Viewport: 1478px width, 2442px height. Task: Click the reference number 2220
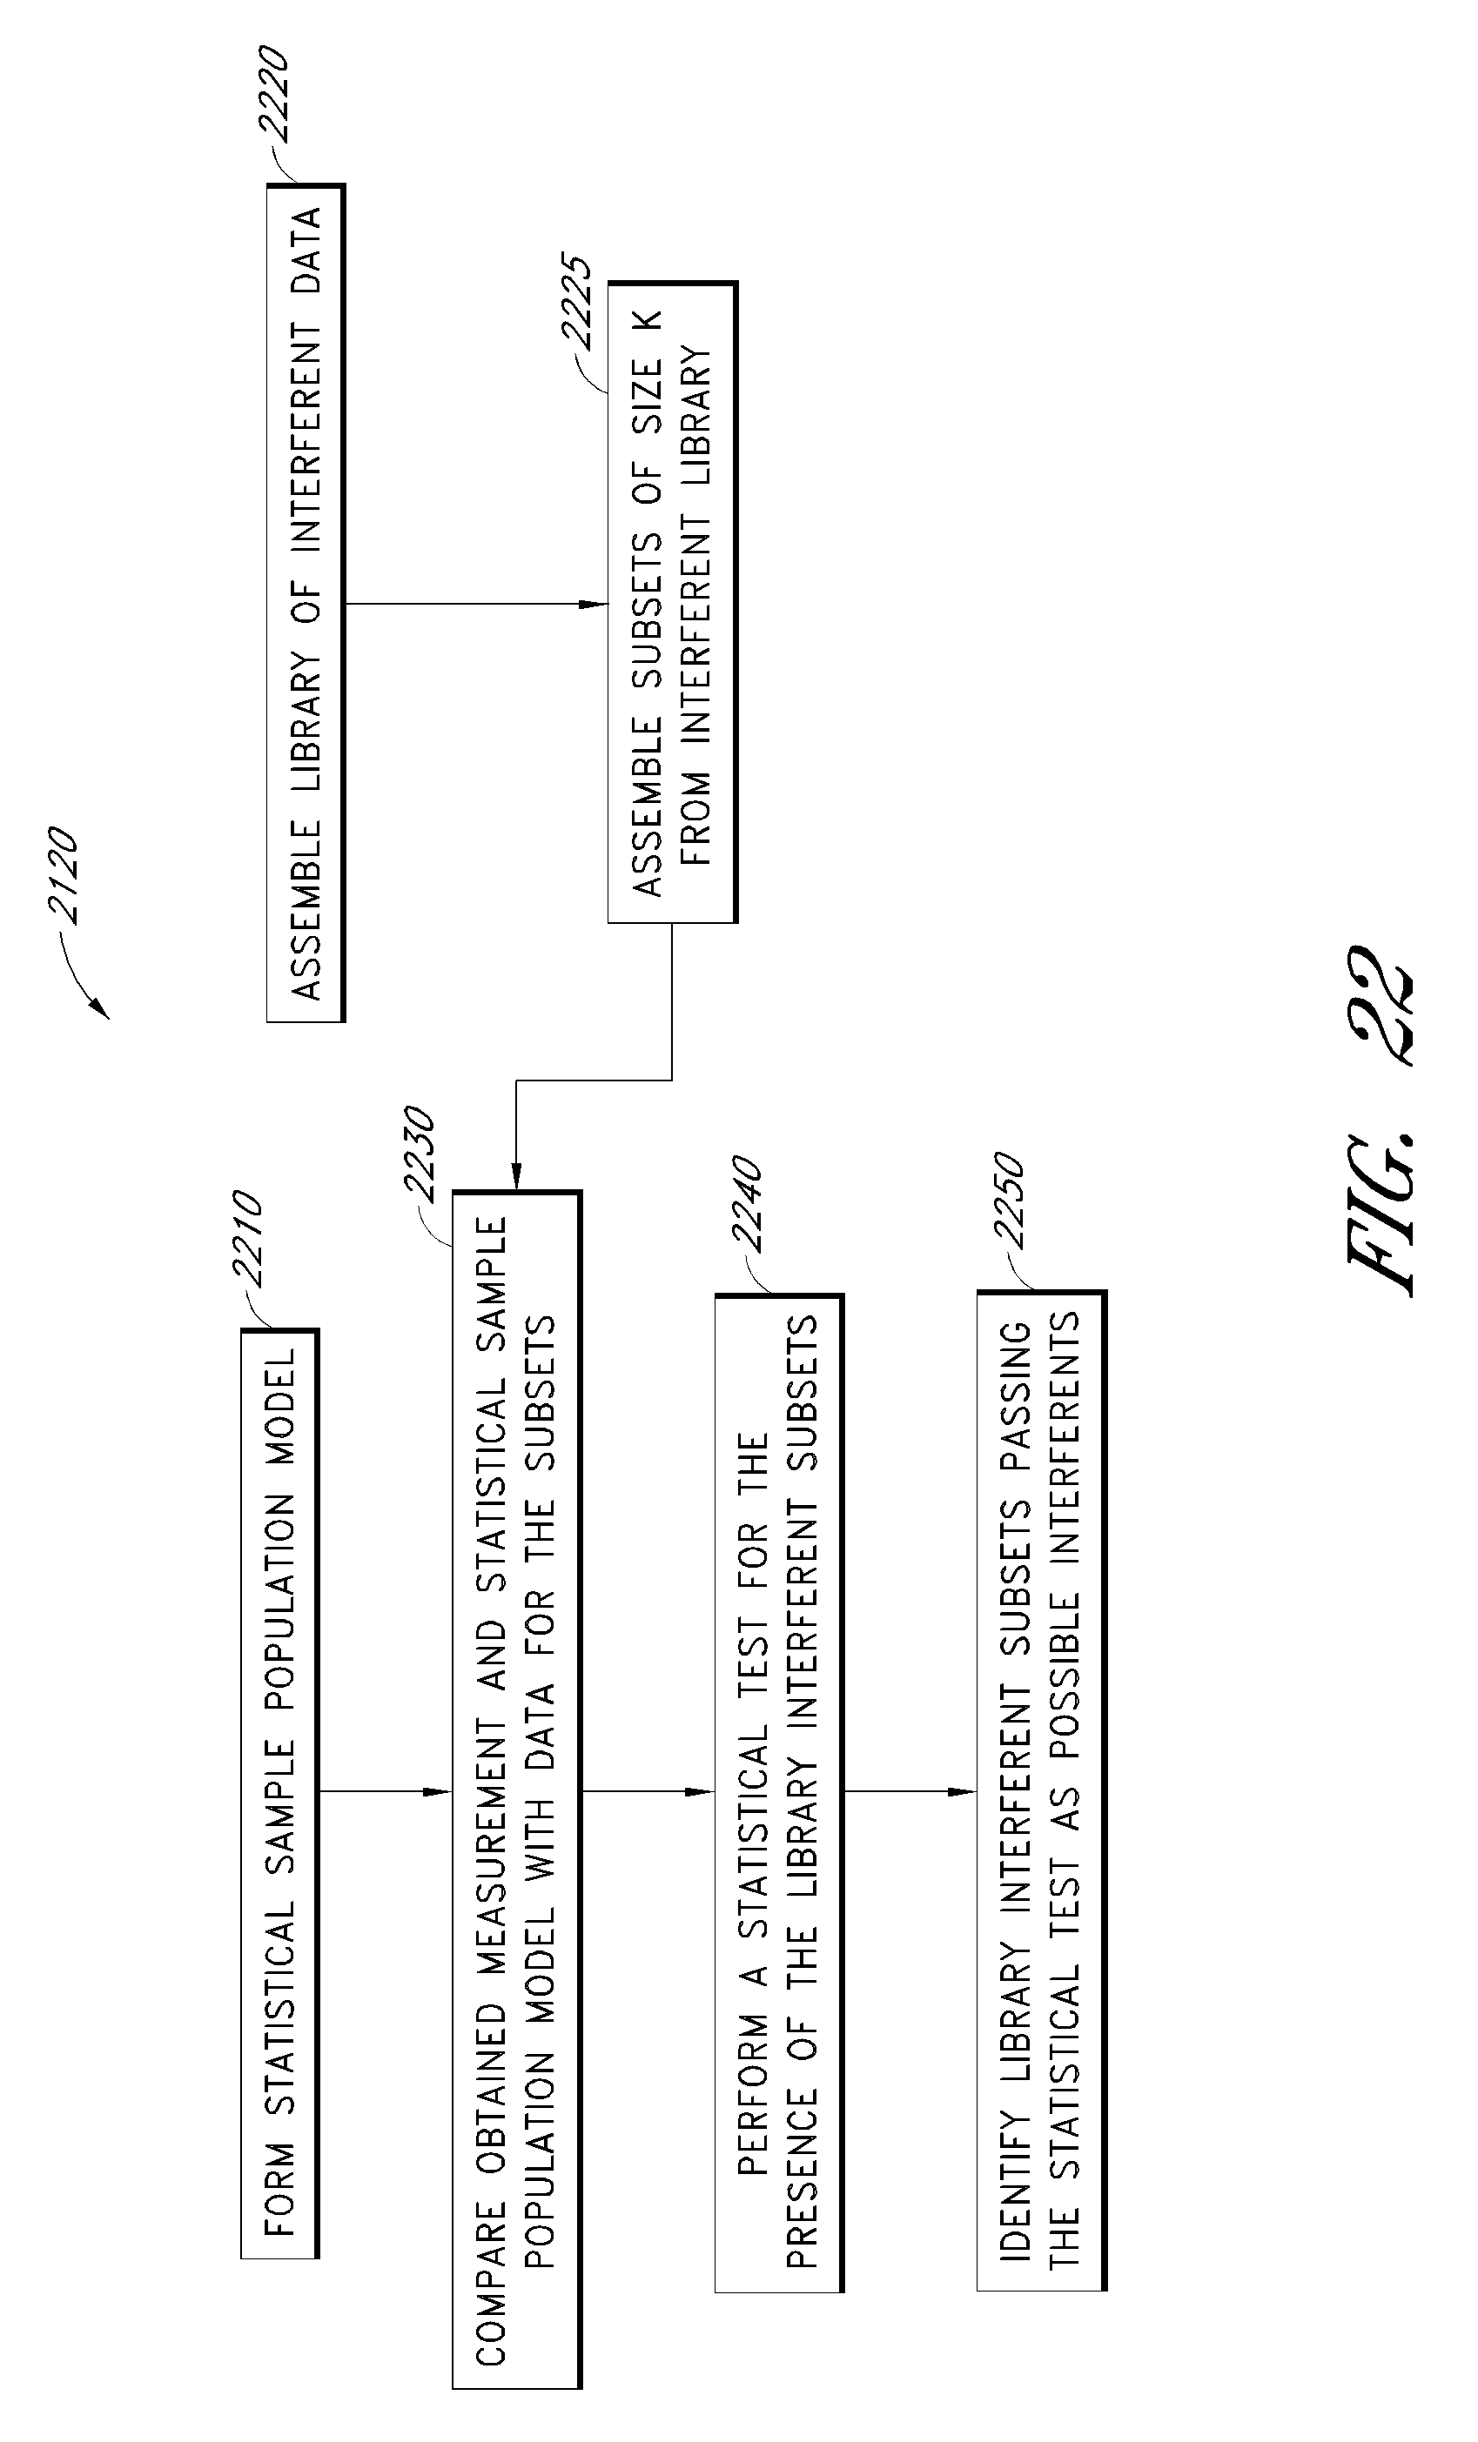[x=272, y=91]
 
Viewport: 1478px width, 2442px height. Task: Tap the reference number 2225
[x=576, y=302]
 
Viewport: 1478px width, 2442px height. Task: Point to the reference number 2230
[x=416, y=1154]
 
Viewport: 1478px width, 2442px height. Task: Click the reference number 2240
[x=747, y=1203]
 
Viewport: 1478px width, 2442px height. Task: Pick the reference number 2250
[x=1008, y=1199]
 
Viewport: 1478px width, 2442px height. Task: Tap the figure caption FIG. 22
[x=1379, y=1120]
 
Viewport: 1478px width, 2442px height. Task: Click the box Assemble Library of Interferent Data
[x=306, y=603]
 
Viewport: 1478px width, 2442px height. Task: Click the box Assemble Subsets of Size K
[x=673, y=603]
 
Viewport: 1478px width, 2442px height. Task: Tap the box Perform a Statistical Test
[x=779, y=1792]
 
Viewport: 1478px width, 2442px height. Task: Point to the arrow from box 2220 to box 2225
[x=477, y=604]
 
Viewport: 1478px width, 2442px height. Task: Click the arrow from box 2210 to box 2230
[x=386, y=1792]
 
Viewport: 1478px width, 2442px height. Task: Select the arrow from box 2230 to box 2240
[x=648, y=1792]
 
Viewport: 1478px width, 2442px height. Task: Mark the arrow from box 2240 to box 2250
[x=910, y=1792]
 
